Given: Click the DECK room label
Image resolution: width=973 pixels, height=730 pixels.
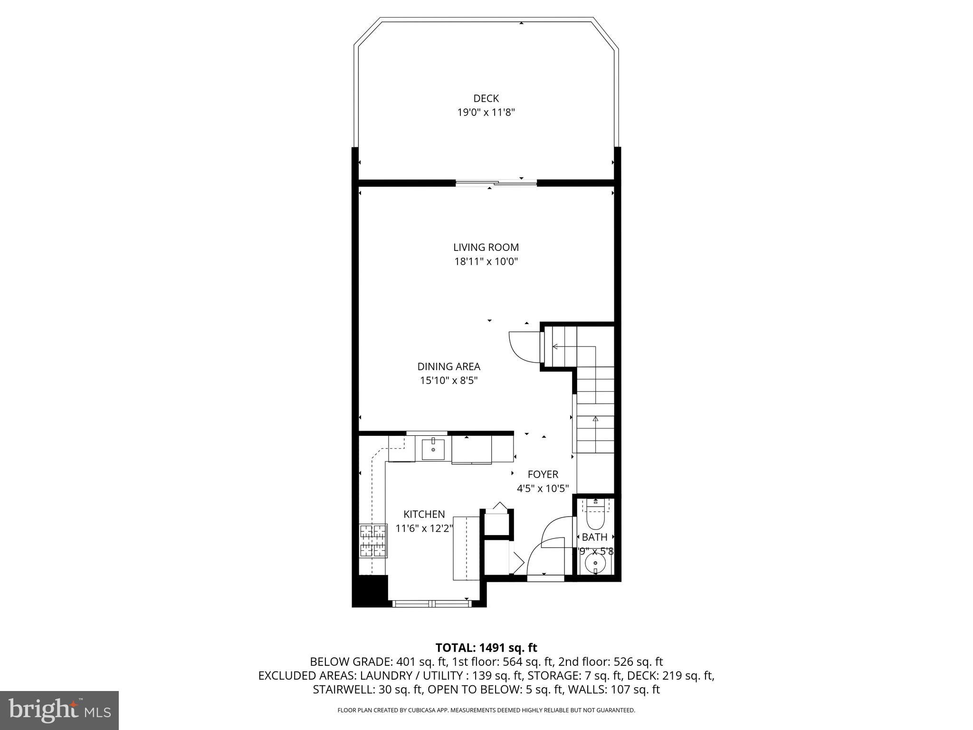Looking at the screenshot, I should tap(486, 98).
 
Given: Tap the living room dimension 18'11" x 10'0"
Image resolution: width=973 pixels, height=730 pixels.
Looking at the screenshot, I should tap(486, 261).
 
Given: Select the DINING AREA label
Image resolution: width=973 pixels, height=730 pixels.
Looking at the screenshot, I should tap(448, 366).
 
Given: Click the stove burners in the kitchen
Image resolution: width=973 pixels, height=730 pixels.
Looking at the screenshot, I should tap(373, 541).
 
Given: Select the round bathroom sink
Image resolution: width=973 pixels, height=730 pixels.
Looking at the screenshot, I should tap(595, 565).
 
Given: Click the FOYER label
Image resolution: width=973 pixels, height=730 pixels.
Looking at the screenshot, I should tap(543, 474).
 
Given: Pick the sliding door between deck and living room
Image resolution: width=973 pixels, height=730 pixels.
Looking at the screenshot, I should tap(496, 182).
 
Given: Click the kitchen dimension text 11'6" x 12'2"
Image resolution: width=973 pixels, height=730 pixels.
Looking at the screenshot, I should tap(424, 528).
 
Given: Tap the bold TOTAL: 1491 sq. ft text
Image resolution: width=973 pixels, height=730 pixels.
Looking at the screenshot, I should tap(486, 648).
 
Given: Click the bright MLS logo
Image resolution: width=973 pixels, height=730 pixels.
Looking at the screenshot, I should tap(59, 710).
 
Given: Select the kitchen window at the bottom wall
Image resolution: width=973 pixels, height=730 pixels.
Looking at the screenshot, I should tap(432, 604).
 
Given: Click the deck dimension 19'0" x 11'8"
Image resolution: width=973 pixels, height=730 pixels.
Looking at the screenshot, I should tap(486, 113).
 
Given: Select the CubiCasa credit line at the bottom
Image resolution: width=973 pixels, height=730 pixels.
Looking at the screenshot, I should tap(486, 711).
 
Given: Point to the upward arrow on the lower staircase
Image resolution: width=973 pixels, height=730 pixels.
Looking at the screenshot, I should tap(595, 419).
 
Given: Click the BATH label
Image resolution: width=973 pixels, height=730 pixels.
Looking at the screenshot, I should tap(594, 537).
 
